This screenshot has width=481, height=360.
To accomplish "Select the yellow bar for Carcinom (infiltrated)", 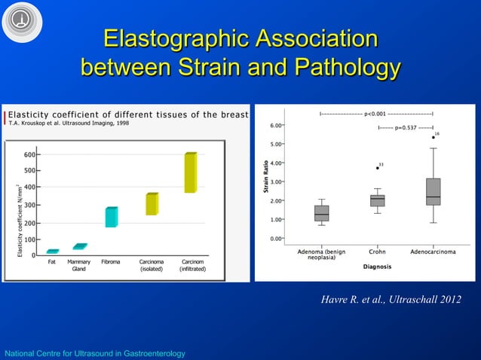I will [x=191, y=172].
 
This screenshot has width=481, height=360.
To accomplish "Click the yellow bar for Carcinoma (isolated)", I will [x=152, y=204].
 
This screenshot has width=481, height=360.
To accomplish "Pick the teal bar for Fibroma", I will [x=112, y=217].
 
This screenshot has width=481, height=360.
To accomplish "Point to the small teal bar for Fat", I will [x=52, y=252].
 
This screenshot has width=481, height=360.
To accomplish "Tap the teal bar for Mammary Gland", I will [x=80, y=246].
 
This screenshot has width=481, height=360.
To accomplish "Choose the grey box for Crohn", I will [x=378, y=200].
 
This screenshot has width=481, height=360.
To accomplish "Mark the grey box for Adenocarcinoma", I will [x=434, y=191].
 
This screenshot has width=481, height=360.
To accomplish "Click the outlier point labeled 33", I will [x=377, y=168].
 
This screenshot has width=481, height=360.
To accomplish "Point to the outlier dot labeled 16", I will [x=434, y=138].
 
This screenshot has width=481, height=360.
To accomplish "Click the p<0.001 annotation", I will [x=375, y=114].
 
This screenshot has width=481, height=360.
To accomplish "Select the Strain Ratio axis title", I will [x=266, y=179].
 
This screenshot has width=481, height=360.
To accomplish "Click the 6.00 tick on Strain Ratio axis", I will [x=276, y=126].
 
